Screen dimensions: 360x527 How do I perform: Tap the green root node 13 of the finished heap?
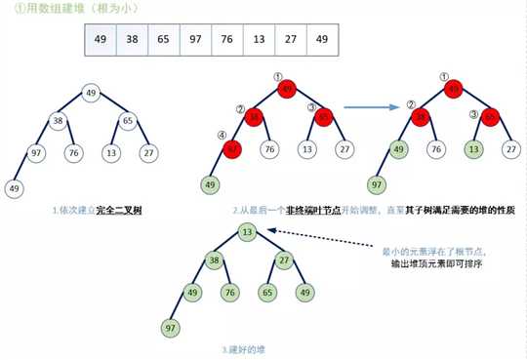click(248, 231)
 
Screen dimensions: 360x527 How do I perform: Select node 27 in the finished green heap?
click(285, 261)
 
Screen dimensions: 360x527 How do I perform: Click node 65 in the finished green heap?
click(265, 292)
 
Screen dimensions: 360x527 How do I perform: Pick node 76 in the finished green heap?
click(229, 292)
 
